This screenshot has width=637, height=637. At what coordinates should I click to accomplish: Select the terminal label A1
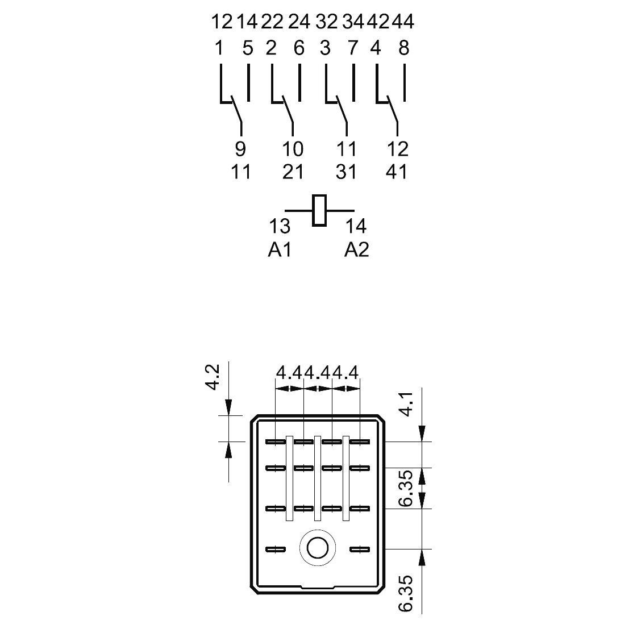tap(280, 249)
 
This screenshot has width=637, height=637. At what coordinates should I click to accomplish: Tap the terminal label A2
tap(357, 249)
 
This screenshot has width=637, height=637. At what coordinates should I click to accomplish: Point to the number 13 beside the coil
tap(280, 226)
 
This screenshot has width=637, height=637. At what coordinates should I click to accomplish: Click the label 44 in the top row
tap(403, 22)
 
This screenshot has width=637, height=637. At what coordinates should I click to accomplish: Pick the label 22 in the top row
tap(272, 22)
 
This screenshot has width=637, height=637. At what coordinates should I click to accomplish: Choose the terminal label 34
tap(353, 22)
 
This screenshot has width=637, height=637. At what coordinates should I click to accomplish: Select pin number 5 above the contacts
tap(248, 48)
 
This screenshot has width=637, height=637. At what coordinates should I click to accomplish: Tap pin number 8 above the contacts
tap(403, 48)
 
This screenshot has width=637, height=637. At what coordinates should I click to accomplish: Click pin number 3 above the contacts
tap(325, 48)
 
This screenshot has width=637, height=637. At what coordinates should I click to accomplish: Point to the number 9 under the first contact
tap(240, 149)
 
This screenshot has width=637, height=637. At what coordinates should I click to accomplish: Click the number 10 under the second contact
tap(293, 149)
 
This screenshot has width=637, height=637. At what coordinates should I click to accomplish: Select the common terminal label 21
tap(293, 172)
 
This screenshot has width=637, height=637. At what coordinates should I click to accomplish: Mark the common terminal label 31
tap(346, 172)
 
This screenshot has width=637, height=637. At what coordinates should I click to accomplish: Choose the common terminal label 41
tap(397, 172)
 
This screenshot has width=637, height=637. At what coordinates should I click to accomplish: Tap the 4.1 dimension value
tap(406, 404)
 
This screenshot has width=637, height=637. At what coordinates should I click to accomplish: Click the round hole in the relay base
tap(318, 548)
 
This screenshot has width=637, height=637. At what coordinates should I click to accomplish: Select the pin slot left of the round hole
tap(276, 549)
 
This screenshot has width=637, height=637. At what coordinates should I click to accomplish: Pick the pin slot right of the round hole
tap(360, 549)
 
